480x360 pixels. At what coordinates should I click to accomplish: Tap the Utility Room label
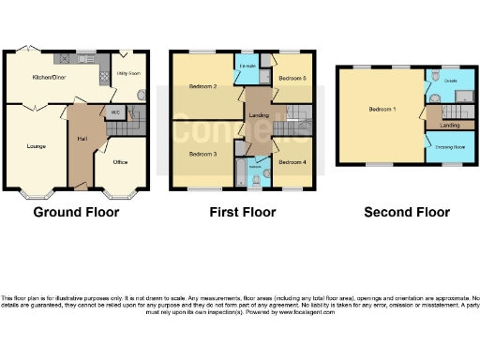(127, 73)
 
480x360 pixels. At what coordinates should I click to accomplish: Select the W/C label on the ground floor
(114, 112)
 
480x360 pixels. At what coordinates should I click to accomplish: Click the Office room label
(120, 161)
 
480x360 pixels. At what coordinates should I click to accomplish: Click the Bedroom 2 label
(203, 86)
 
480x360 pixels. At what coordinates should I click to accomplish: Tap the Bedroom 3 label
(203, 154)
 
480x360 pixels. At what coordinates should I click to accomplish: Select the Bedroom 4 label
(292, 162)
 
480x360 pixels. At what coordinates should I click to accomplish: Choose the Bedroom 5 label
(292, 79)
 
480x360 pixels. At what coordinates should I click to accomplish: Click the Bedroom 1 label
(382, 110)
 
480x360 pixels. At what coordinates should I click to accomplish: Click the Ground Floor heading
(76, 213)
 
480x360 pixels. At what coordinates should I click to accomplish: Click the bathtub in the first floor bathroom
(241, 173)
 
